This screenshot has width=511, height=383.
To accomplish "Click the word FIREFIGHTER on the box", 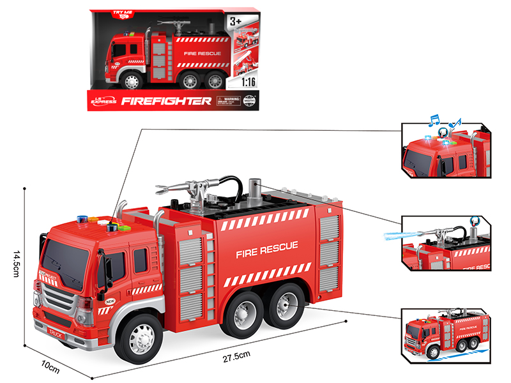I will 166,101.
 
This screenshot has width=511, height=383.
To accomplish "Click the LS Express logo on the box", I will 104,101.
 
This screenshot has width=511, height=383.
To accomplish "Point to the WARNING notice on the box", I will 229,101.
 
